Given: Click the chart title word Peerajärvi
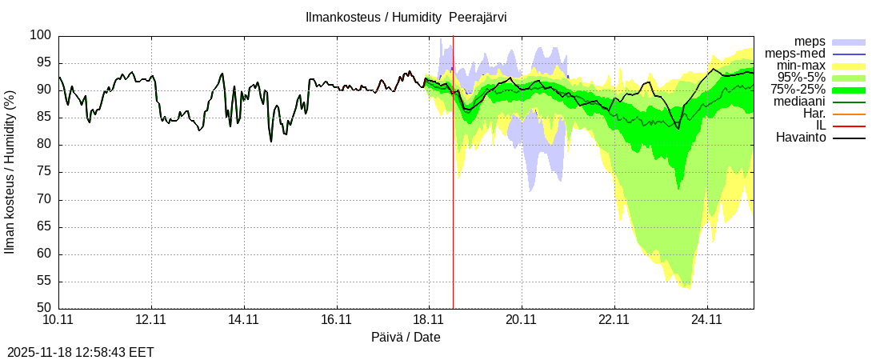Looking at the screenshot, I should coord(478,17).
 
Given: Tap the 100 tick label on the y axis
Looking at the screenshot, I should coord(40,35).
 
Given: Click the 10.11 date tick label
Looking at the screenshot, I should coord(58,320).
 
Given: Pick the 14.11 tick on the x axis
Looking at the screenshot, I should coord(243,320).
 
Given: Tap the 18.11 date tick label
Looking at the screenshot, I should coord(429,320).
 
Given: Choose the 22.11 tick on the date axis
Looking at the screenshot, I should coord(614,320).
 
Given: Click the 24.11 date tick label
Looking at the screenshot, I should coord(706,320).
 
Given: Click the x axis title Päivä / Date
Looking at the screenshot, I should coord(406,337).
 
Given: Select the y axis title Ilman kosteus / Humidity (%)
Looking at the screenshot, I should coord(10,172).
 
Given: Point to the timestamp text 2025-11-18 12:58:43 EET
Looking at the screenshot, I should coord(81,352).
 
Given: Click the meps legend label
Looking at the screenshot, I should coord(810,41).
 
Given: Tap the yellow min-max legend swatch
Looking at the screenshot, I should coord(849,66).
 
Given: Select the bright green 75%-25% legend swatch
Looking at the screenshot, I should coord(849,90).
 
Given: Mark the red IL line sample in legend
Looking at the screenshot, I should coord(849,126).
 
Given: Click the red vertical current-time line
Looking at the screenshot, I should coord(453,200).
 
